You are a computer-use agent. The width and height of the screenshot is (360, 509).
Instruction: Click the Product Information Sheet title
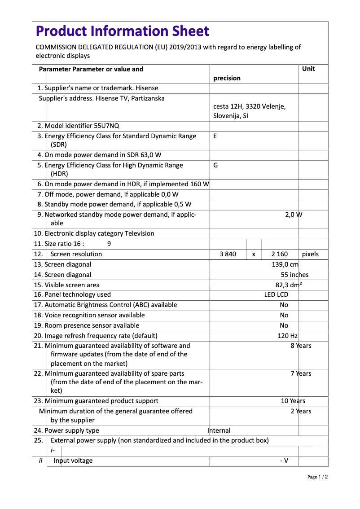tap(122, 31)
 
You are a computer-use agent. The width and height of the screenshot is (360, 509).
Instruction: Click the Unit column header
tap(308, 69)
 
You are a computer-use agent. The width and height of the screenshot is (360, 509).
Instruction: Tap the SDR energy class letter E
tap(215, 136)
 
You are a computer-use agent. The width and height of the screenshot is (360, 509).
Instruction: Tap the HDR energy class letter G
tap(215, 165)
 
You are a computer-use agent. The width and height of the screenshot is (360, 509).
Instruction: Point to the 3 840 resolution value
tap(228, 254)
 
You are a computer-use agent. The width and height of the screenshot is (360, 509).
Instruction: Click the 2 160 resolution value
tap(280, 254)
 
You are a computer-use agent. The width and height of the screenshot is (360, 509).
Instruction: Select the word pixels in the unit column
tap(310, 254)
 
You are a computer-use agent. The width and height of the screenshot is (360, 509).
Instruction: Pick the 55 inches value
tap(294, 275)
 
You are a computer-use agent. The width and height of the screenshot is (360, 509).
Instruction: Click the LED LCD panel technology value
tap(276, 294)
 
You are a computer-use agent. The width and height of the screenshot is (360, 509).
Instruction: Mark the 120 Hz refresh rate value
tap(287, 336)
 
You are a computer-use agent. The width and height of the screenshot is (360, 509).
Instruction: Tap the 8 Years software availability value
tap(301, 346)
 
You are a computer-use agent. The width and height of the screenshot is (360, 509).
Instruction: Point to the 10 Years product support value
tap(293, 401)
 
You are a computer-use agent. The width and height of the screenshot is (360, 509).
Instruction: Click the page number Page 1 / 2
tap(317, 477)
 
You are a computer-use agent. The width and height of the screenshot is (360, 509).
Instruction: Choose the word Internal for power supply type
tap(219, 430)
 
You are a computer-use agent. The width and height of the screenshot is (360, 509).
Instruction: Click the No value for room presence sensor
tap(284, 325)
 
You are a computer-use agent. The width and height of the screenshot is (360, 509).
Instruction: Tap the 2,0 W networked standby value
tap(294, 215)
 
